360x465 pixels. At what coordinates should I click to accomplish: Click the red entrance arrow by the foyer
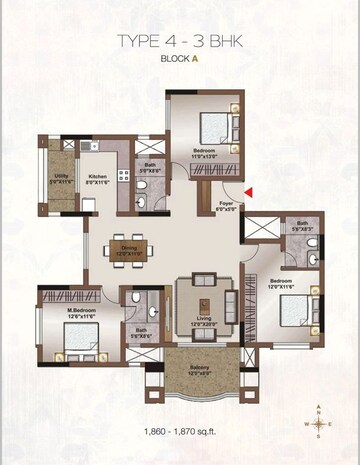click(248, 192)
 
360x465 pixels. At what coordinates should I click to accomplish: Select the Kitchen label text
click(97, 176)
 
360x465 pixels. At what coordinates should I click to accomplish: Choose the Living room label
click(204, 320)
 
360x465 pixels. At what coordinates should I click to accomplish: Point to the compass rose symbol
click(318, 423)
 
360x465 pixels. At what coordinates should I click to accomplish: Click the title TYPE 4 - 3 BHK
click(180, 40)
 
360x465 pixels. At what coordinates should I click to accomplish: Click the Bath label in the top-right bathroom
click(302, 225)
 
